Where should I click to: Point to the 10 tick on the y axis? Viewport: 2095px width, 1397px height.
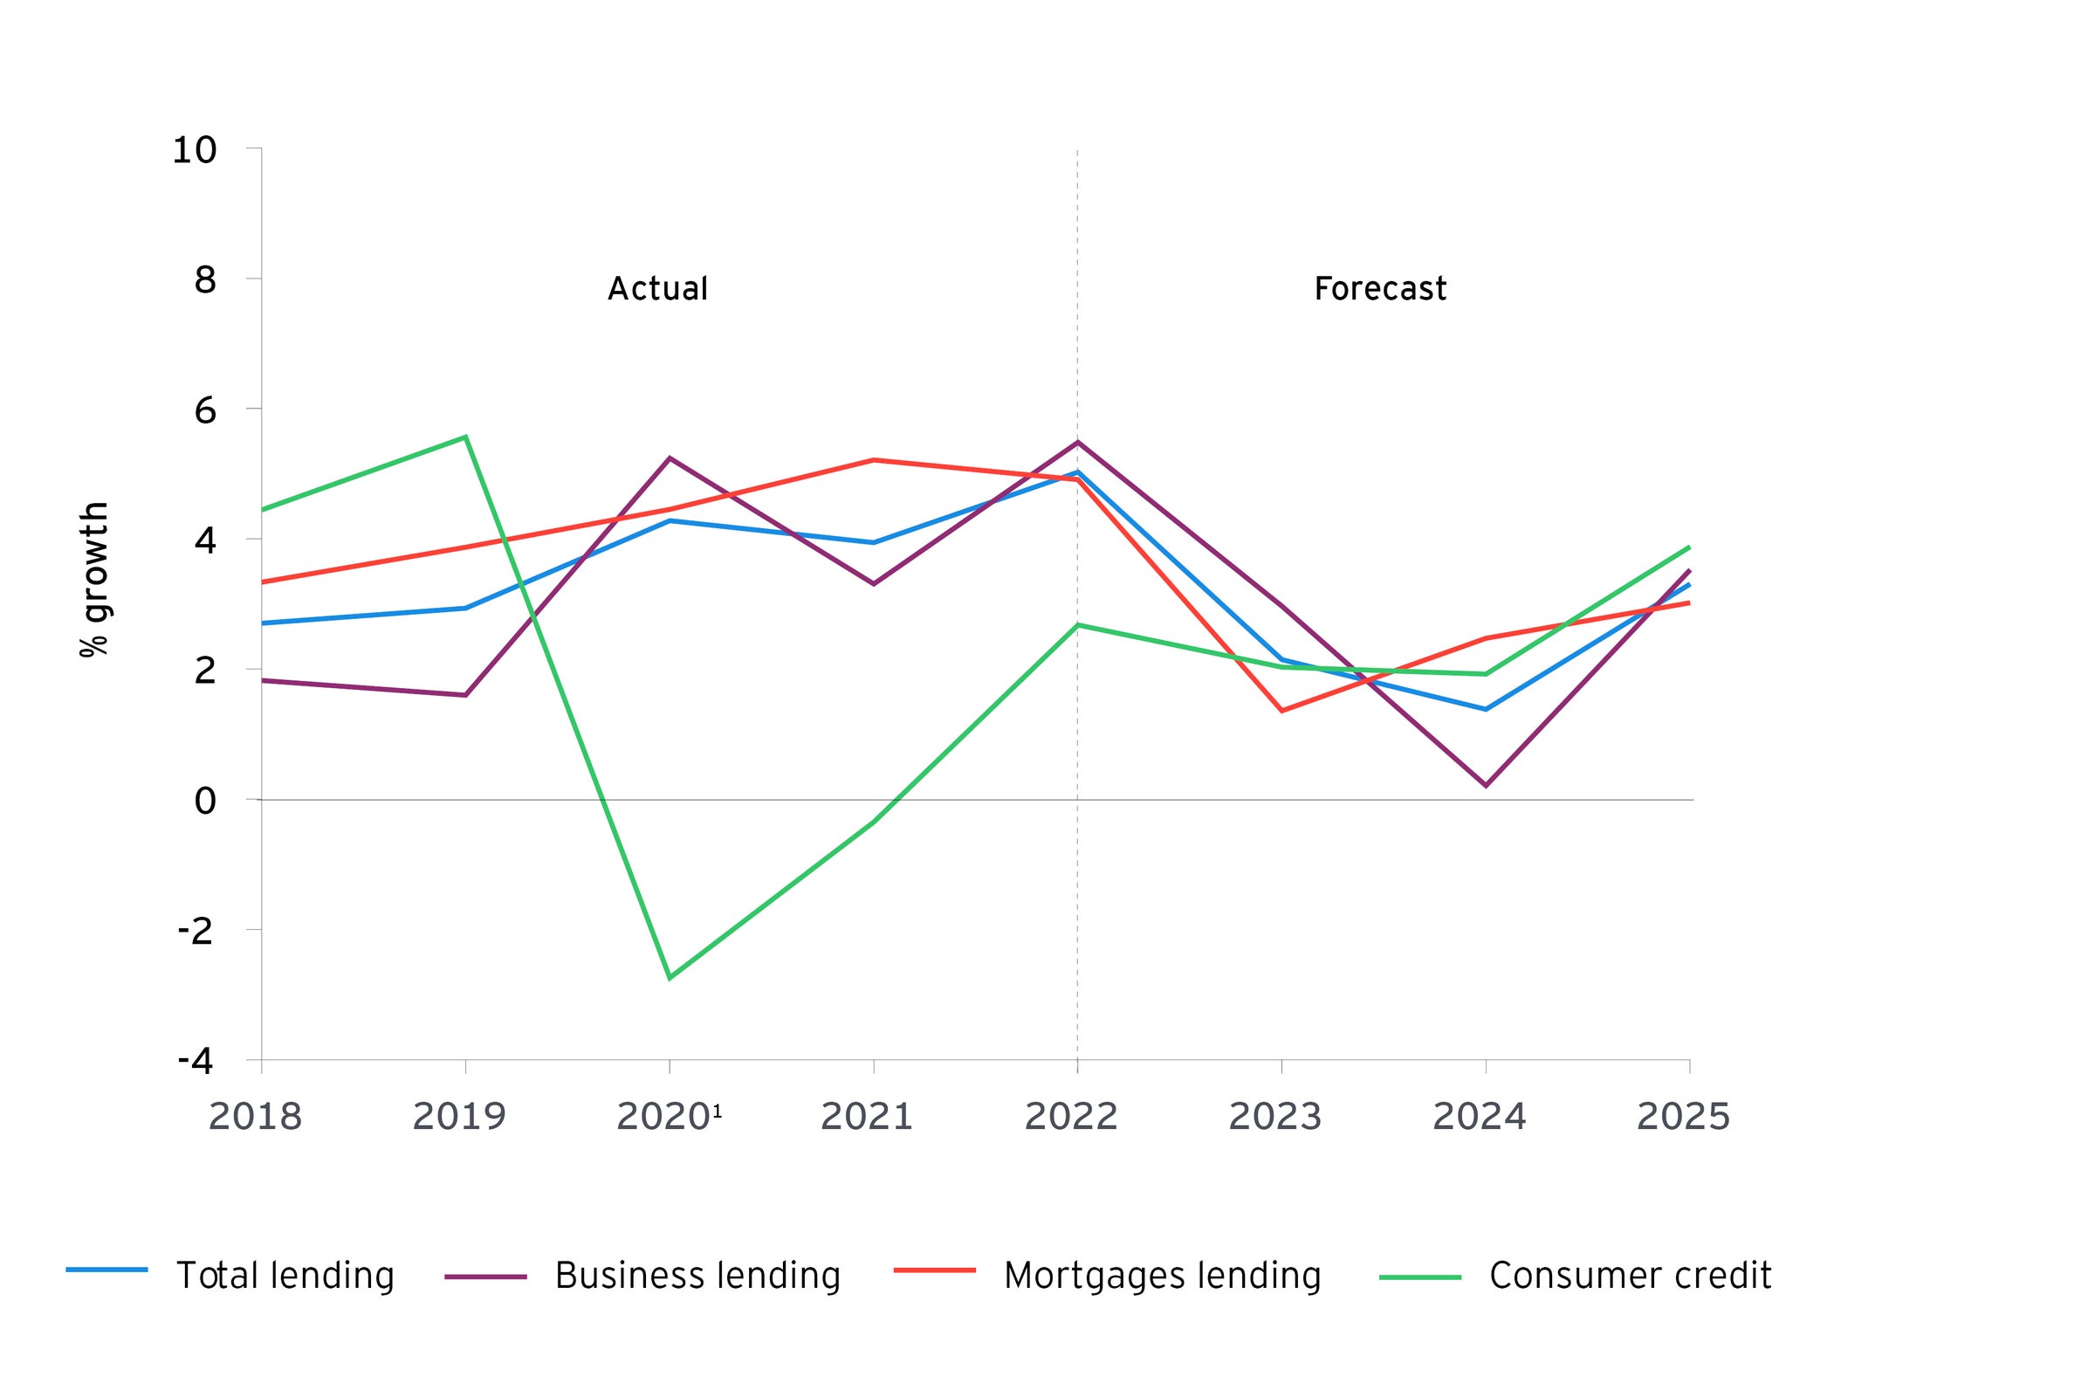click(x=194, y=149)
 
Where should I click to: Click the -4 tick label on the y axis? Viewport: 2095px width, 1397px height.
click(x=196, y=1060)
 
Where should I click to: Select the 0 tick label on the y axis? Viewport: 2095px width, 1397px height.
click(x=205, y=801)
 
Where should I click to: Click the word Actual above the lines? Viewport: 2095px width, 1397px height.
click(x=657, y=289)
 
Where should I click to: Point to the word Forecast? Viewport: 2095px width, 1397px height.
click(x=1380, y=289)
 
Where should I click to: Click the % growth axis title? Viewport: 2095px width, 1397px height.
click(x=94, y=580)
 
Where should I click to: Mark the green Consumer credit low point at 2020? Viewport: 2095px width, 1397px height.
click(x=670, y=978)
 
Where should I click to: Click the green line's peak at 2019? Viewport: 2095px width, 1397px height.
click(x=466, y=437)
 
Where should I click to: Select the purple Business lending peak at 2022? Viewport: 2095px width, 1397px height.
click(x=1078, y=442)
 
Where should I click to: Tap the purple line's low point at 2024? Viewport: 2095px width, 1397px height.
click(x=1485, y=786)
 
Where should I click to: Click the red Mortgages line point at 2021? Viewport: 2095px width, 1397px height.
click(x=874, y=460)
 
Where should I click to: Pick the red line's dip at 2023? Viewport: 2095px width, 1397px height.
click(x=1281, y=711)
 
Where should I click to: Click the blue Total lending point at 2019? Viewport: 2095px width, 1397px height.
click(x=466, y=609)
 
